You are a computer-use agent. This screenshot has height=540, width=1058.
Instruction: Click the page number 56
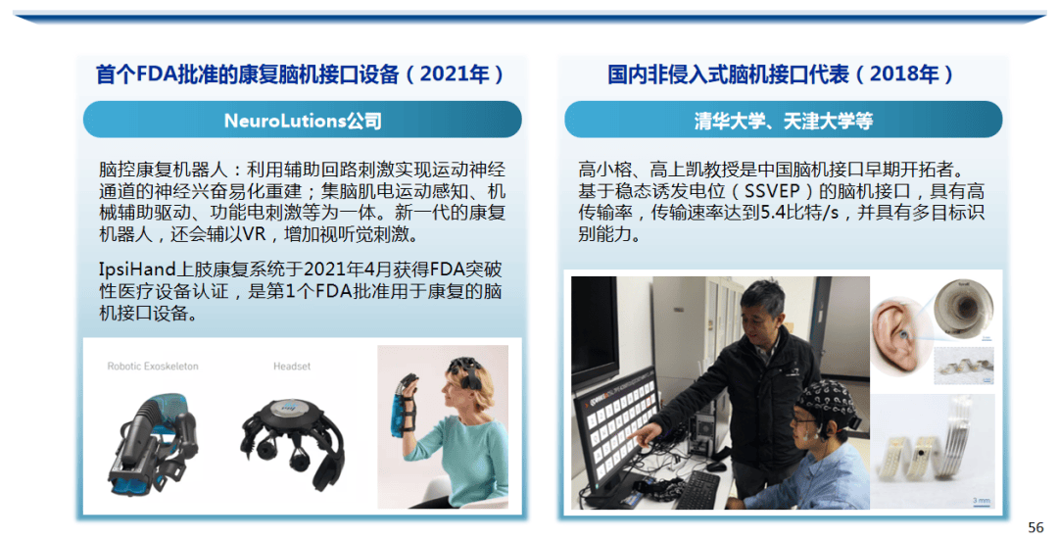click(1035, 526)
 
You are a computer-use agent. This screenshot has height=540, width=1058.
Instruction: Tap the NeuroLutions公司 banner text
click(303, 121)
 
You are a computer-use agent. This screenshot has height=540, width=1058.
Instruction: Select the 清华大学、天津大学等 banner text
click(784, 121)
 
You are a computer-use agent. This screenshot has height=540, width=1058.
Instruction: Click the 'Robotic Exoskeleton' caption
click(153, 366)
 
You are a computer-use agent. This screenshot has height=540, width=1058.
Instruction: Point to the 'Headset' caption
click(292, 366)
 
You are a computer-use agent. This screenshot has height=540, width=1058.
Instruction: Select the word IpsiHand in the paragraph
click(137, 270)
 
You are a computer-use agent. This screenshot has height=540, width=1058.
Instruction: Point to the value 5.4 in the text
click(772, 213)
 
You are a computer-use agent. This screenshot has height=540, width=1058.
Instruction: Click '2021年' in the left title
click(455, 74)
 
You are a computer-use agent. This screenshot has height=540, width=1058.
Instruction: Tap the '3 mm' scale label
click(981, 500)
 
